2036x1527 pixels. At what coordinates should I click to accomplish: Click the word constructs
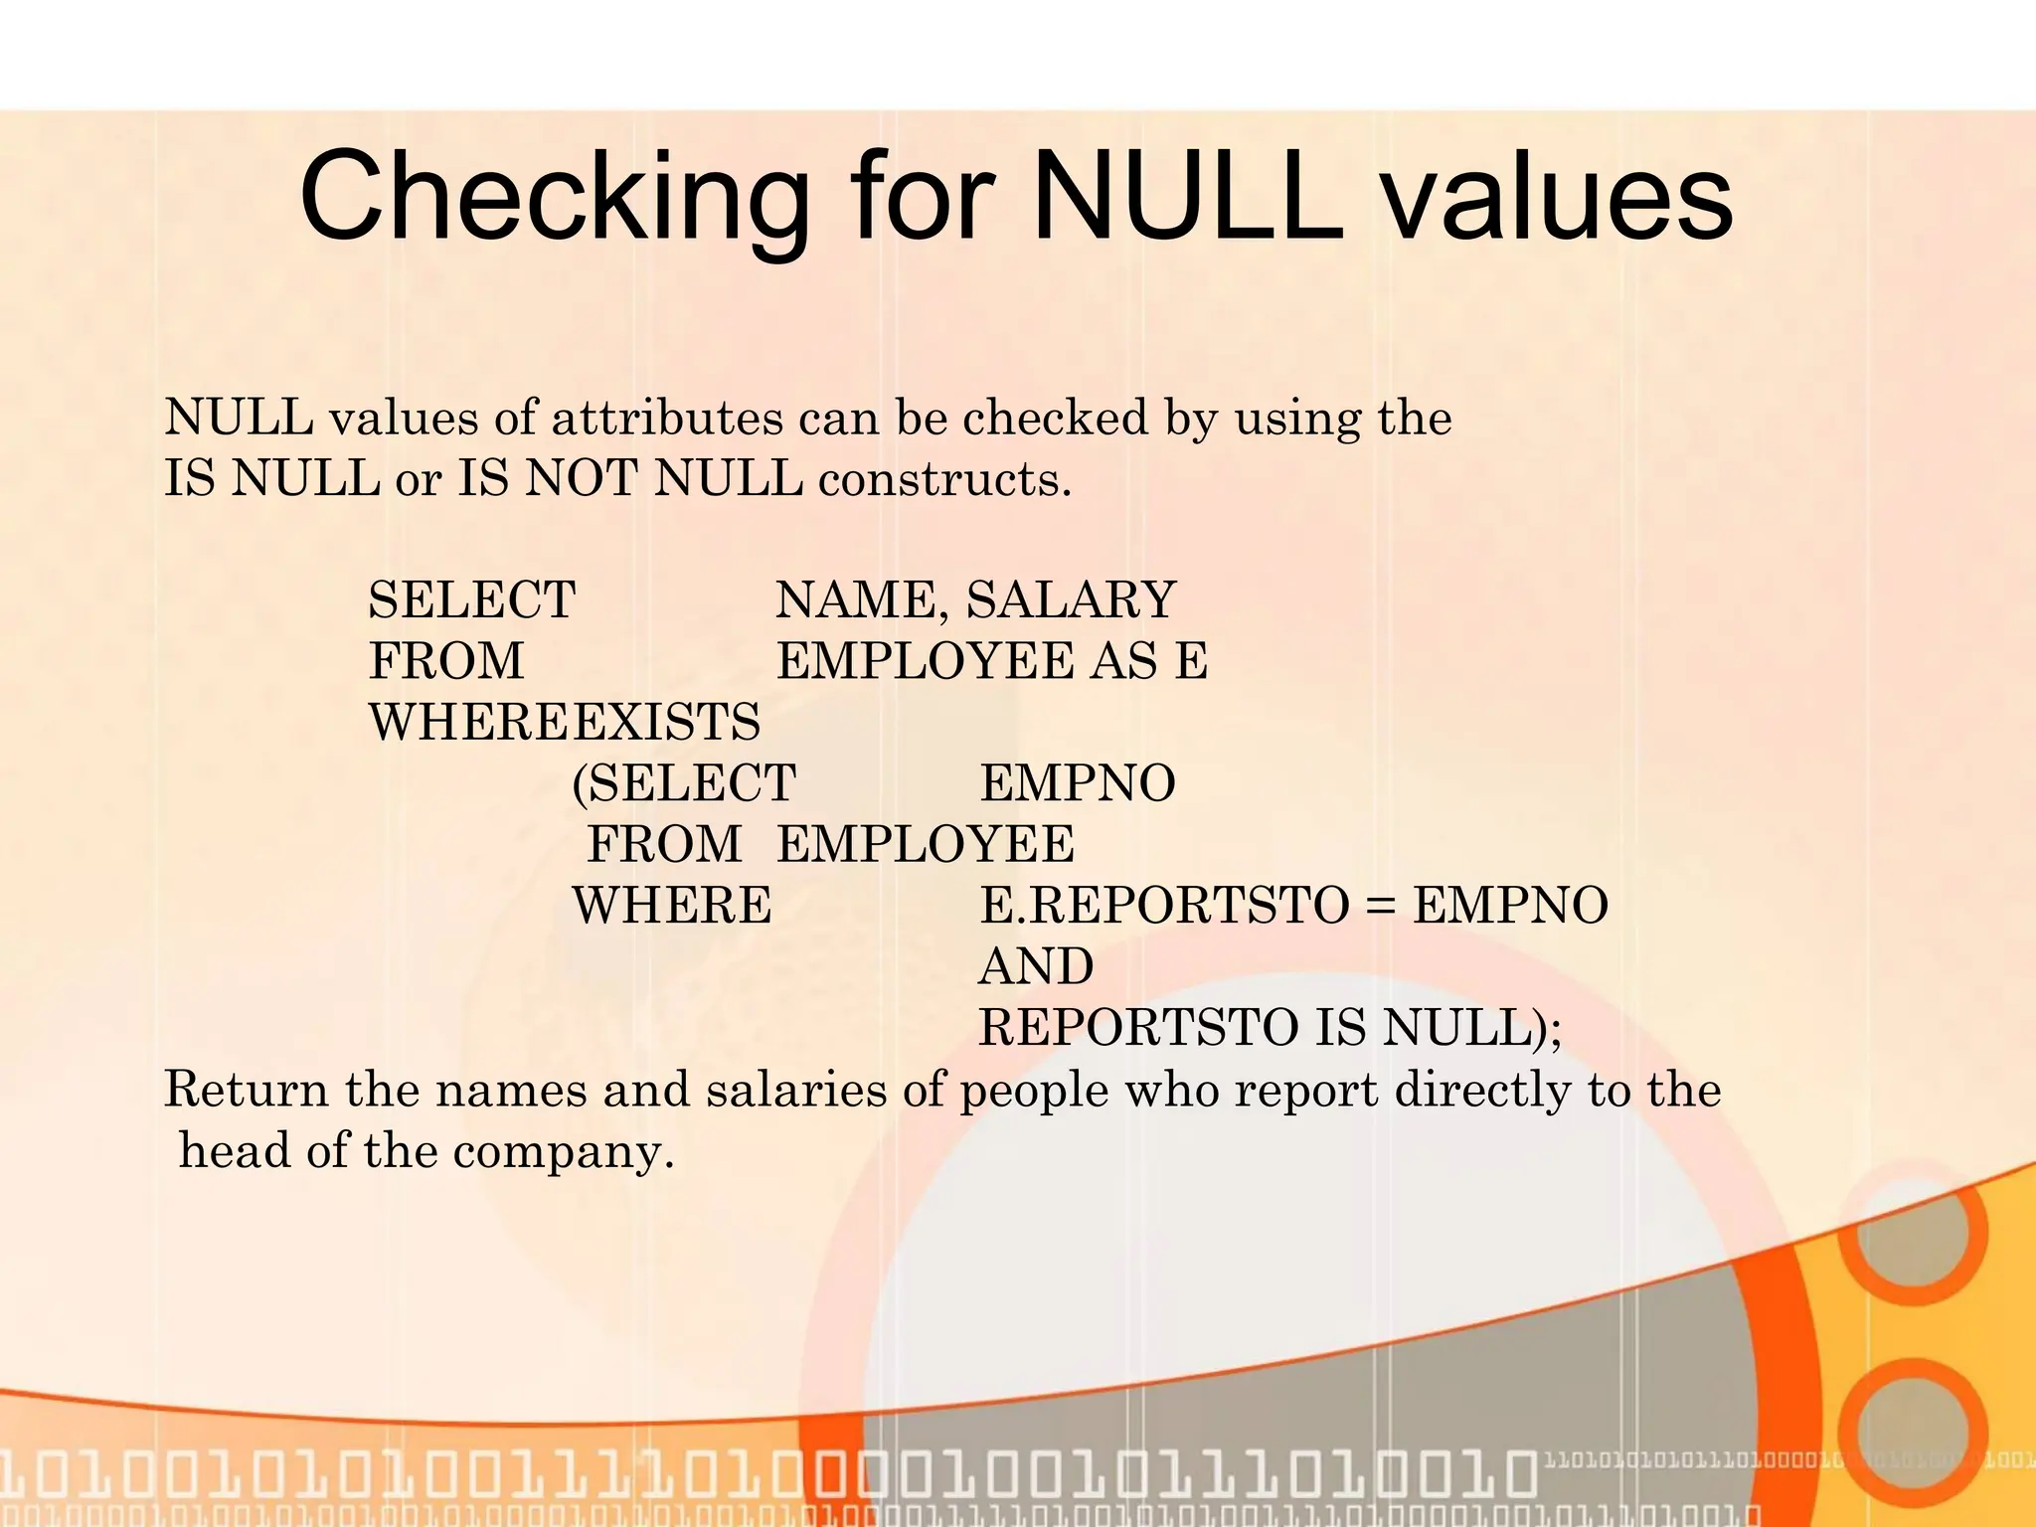click(944, 479)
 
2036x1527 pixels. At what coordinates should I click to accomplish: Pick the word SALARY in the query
click(1071, 599)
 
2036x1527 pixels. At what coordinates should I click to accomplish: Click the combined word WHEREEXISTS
click(564, 722)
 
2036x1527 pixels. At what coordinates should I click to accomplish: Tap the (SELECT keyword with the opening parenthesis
click(684, 783)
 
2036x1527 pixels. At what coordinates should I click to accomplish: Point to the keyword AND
click(1036, 966)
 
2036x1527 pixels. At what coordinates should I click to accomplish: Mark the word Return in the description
click(246, 1089)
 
